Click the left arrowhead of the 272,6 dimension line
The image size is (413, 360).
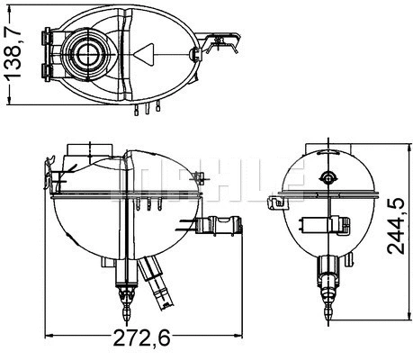pyautogui.click(x=49, y=325)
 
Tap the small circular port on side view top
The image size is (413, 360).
pyautogui.click(x=327, y=176)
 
